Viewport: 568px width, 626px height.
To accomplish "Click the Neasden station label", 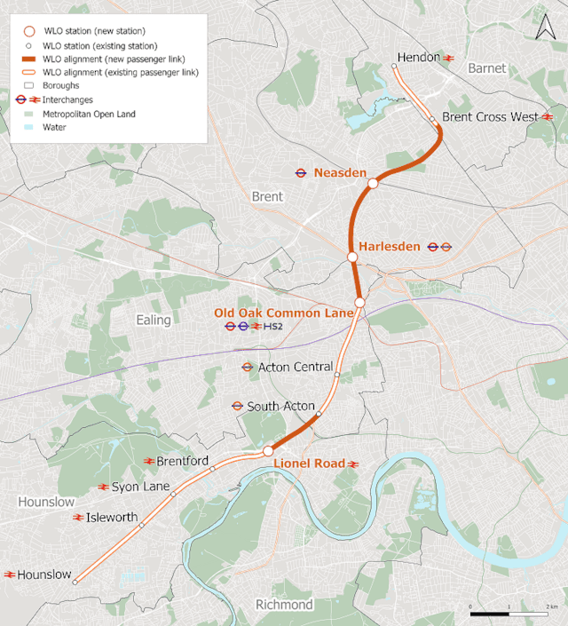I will [340, 172].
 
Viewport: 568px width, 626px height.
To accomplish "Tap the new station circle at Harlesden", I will [352, 257].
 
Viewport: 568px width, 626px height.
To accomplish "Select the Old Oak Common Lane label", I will [284, 313].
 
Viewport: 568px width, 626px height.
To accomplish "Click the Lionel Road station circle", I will [267, 451].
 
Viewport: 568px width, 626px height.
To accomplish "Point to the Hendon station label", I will [418, 58].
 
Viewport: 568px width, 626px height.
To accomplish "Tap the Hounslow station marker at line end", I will [75, 582].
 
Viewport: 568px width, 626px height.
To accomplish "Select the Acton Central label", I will [295, 367].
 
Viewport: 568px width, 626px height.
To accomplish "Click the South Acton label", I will [280, 406].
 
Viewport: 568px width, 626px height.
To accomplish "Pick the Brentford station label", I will [182, 462].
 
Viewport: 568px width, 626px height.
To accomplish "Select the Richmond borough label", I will [284, 605].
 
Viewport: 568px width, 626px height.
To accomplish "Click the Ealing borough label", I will [153, 320].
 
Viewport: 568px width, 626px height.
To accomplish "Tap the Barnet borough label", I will [486, 68].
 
